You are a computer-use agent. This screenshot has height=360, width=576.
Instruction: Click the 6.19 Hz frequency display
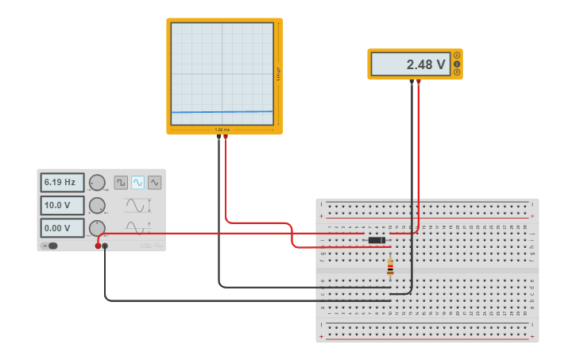(x=62, y=182)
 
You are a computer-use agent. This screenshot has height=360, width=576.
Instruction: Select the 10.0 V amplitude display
(x=62, y=205)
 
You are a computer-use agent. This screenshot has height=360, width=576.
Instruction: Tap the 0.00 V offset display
(x=62, y=228)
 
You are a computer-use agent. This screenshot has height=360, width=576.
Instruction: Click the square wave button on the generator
(x=121, y=182)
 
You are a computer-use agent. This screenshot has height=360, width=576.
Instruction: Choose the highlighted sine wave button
(x=137, y=182)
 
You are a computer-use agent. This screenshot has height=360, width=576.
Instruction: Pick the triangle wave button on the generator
(x=154, y=182)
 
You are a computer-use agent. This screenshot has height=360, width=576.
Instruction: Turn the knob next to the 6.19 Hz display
(x=97, y=183)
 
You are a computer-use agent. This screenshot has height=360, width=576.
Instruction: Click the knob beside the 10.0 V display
(x=97, y=206)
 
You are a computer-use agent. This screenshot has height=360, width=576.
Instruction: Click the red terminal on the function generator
(x=99, y=246)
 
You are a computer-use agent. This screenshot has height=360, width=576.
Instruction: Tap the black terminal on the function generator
(x=106, y=246)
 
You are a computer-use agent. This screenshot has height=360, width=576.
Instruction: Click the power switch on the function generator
(x=50, y=246)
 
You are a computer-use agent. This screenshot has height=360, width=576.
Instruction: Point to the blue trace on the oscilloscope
(x=222, y=112)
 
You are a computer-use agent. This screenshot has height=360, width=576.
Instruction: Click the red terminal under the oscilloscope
(x=226, y=137)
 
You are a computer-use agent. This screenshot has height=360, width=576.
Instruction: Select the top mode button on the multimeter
(x=457, y=56)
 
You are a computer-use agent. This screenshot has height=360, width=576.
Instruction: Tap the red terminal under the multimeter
(x=419, y=81)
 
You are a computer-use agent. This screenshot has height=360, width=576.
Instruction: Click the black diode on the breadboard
(x=377, y=240)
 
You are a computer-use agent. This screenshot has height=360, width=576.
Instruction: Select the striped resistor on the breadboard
(x=390, y=268)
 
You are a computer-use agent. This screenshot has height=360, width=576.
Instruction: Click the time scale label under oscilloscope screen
(x=222, y=130)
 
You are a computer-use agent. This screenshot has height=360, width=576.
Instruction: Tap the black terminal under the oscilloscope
(x=218, y=137)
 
